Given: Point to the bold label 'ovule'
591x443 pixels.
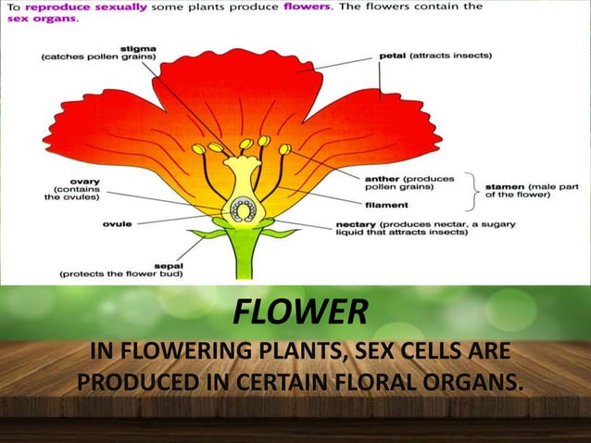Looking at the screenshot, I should coord(116,222).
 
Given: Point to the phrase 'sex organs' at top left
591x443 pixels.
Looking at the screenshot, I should coord(29,18).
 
